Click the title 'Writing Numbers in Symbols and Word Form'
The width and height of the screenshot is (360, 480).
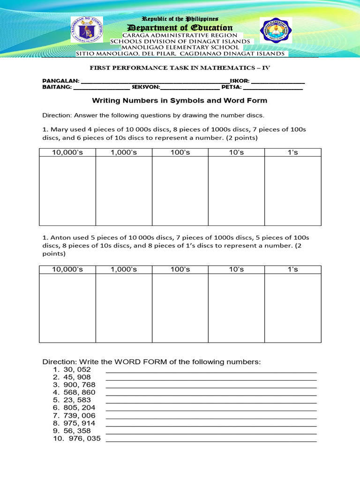point(180,100)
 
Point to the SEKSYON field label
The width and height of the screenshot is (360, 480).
point(146,87)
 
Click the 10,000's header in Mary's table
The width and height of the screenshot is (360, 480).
point(67,152)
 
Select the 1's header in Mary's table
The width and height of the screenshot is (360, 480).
point(293,152)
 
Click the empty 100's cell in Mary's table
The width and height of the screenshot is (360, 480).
point(180,191)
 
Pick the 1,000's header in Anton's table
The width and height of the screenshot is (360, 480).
point(124,269)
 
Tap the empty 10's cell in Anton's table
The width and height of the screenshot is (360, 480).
point(236,307)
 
